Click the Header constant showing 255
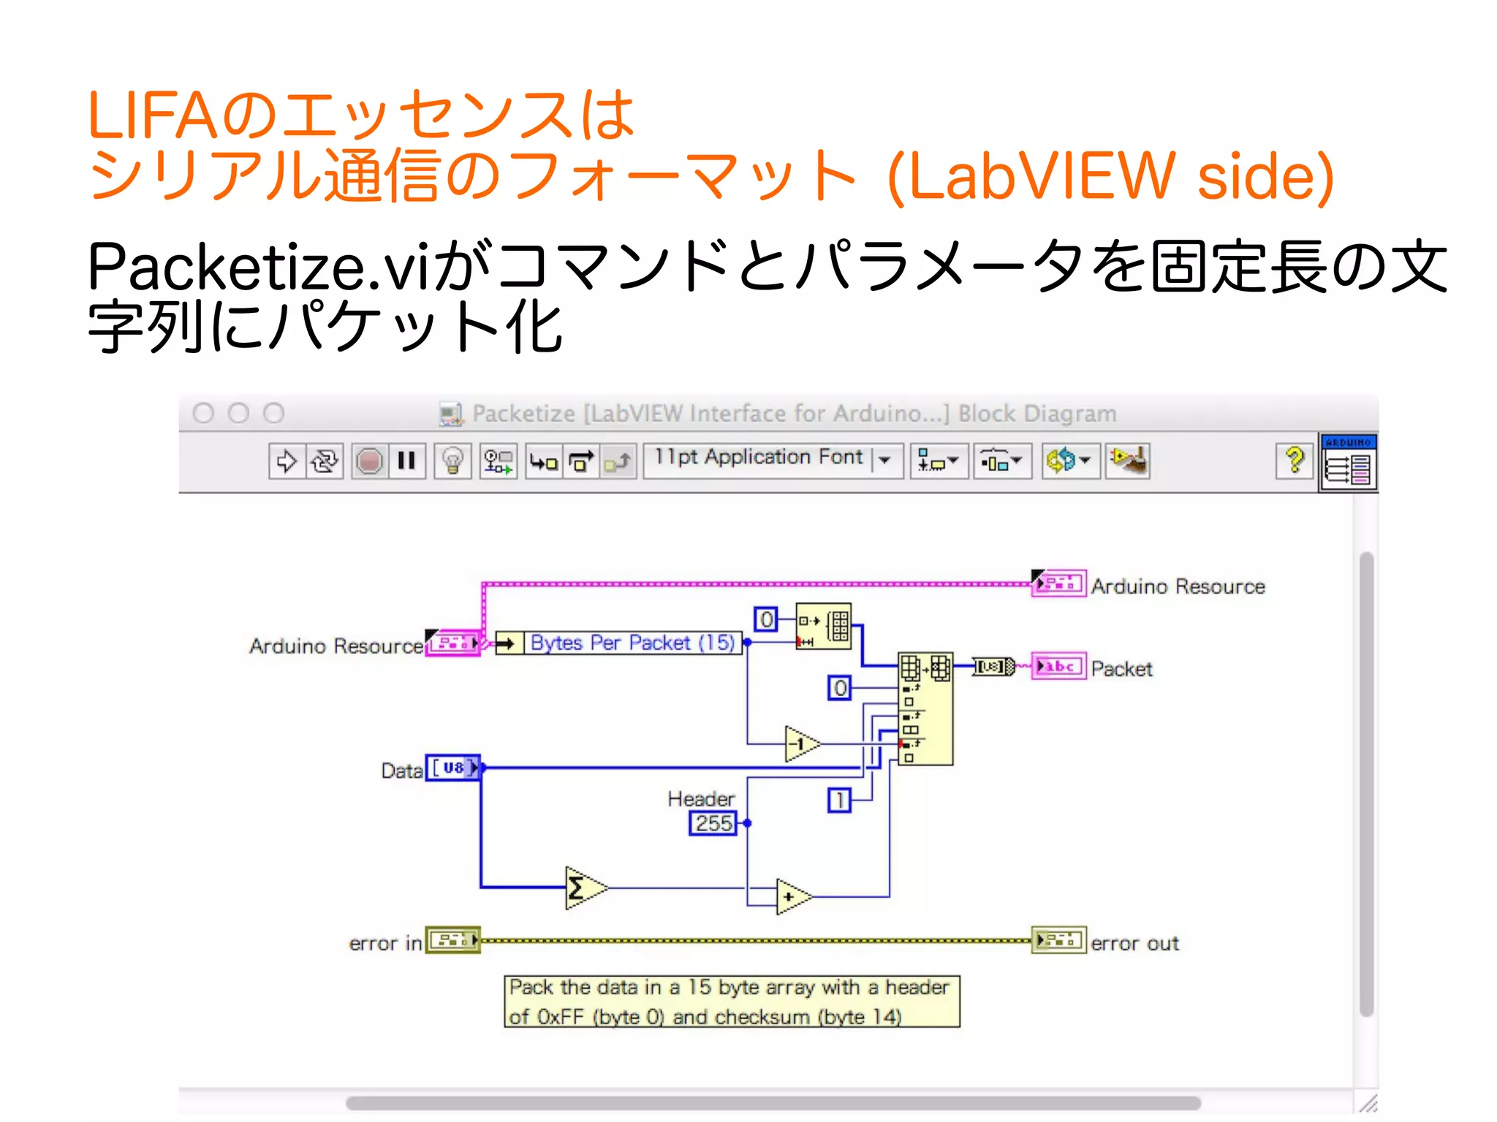coord(713,823)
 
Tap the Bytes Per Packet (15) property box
coord(632,643)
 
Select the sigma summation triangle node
coord(583,888)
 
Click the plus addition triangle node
coord(792,896)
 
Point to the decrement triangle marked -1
coord(800,744)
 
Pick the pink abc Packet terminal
coord(1058,667)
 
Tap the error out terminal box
coord(1058,940)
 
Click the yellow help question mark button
coord(1294,460)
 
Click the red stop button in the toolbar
coord(369,461)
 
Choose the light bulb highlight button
coord(452,461)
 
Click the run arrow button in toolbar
coord(287,461)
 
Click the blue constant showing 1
coord(839,800)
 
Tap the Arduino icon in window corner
coord(1349,463)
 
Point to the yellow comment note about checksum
coord(732,1001)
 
